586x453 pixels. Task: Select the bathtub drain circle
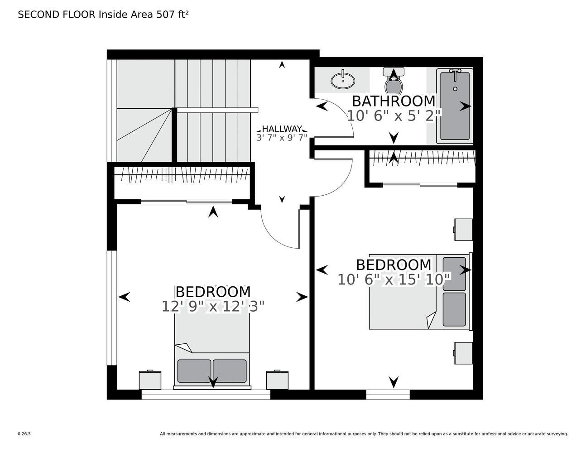pos(455,89)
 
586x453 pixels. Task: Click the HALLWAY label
pos(282,129)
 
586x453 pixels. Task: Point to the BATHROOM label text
pos(394,101)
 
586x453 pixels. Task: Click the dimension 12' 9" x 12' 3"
pos(213,306)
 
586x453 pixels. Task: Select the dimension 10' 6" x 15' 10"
pos(394,280)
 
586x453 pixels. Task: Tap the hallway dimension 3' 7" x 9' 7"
pos(282,138)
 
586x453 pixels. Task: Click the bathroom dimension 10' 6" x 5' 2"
pos(394,116)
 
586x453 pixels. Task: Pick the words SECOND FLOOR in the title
pos(57,14)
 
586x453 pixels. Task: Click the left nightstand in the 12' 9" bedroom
pos(150,380)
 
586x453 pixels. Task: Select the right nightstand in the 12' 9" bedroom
pos(277,380)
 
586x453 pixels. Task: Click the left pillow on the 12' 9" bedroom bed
pos(194,371)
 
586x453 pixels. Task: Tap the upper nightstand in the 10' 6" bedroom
pos(463,230)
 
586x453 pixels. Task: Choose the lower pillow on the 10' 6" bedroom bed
pos(454,309)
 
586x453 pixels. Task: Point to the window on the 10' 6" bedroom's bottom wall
pos(388,394)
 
